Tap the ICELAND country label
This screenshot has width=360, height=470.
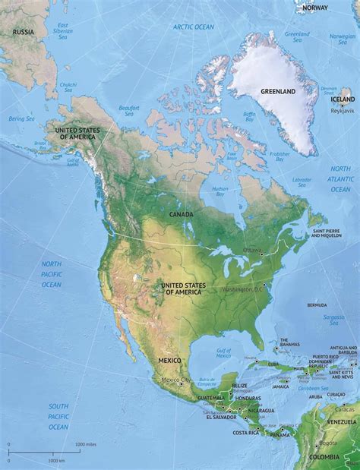(343, 99)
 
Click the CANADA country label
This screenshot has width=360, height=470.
(181, 214)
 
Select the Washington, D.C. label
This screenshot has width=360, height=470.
(241, 289)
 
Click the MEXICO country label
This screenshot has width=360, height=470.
(170, 360)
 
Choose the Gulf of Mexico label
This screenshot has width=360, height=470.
(223, 353)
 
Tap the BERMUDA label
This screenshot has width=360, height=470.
(317, 305)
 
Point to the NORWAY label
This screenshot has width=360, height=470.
(314, 7)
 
